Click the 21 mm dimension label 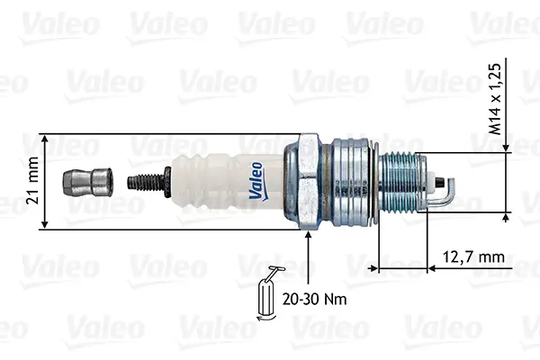pos(32,180)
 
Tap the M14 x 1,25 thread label pos(495,99)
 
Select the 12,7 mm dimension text pos(473,256)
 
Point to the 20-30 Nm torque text pos(314,299)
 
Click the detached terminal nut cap pos(87,182)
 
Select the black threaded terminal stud pos(149,182)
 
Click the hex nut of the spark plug pos(309,182)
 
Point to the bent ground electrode pos(447,193)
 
